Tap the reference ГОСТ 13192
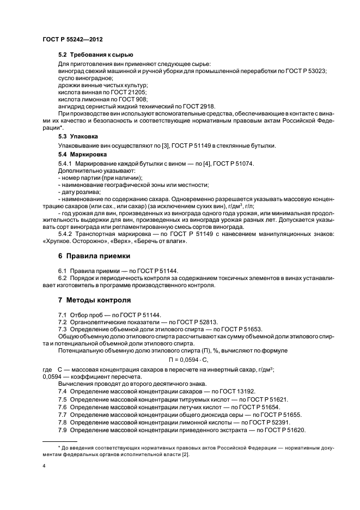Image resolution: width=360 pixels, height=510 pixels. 237,391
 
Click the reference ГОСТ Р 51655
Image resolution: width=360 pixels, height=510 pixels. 281,414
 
